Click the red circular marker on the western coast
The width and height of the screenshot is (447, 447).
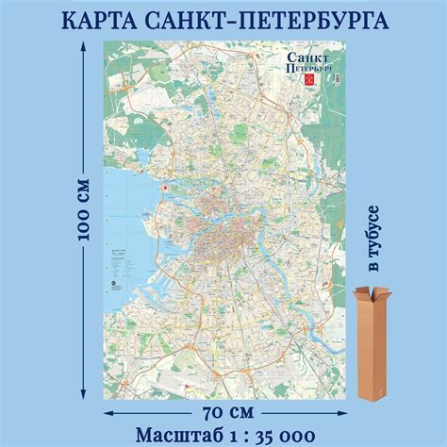pyautogui.click(x=165, y=189)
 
